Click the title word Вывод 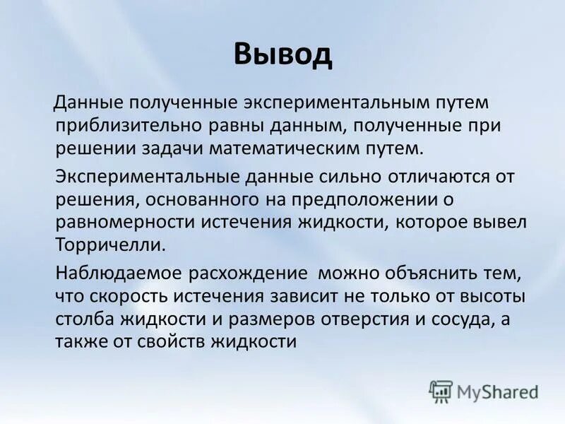point(282,55)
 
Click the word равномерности point(126,222)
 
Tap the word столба point(82,319)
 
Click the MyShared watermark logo point(484,389)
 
